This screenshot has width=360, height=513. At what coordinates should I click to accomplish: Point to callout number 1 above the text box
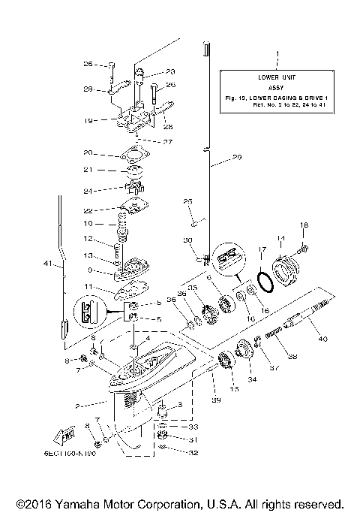point(277,55)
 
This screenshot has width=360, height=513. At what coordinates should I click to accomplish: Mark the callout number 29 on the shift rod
point(238,158)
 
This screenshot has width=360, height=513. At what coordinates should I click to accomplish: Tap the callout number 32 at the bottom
point(172,453)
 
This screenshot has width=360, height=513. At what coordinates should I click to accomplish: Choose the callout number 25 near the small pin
point(189,201)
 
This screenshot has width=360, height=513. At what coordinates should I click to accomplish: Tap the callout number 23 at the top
point(170,72)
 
